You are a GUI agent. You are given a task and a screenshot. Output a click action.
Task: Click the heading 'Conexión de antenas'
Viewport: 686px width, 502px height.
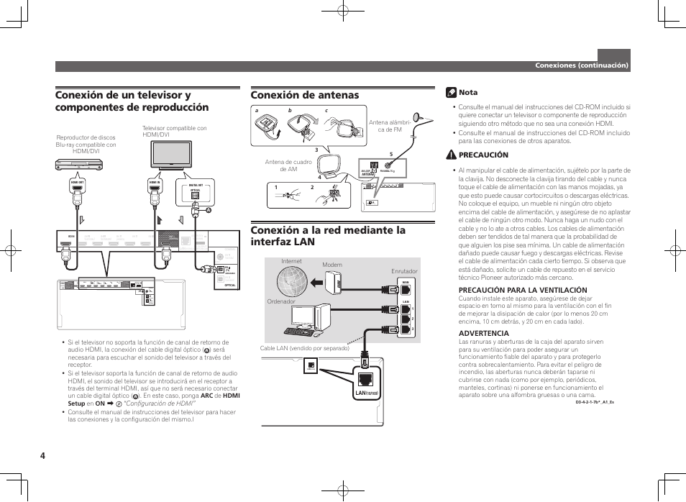pos(304,95)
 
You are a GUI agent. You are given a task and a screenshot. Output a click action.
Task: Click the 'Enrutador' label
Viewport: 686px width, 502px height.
pos(404,271)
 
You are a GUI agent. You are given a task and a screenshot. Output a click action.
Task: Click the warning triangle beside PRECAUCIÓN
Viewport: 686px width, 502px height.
pos(450,155)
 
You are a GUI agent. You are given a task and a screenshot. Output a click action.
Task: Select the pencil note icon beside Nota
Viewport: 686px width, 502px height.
pos(450,92)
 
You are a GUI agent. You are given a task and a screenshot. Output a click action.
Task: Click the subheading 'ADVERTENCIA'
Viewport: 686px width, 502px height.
pos(484,333)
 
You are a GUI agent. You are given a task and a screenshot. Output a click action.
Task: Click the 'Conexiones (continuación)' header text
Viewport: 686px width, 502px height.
pos(581,65)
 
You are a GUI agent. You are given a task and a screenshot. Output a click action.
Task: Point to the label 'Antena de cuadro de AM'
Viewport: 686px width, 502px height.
pos(288,165)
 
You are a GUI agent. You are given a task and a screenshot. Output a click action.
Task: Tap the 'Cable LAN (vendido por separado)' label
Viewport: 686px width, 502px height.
pos(304,348)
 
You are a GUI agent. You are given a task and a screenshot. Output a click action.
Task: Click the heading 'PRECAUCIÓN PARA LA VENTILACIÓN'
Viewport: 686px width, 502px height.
pos(523,290)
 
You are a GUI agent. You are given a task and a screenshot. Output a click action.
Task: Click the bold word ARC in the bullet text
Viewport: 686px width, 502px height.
pos(206,396)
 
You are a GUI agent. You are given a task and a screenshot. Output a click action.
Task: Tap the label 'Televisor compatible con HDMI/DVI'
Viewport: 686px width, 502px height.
pos(175,132)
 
